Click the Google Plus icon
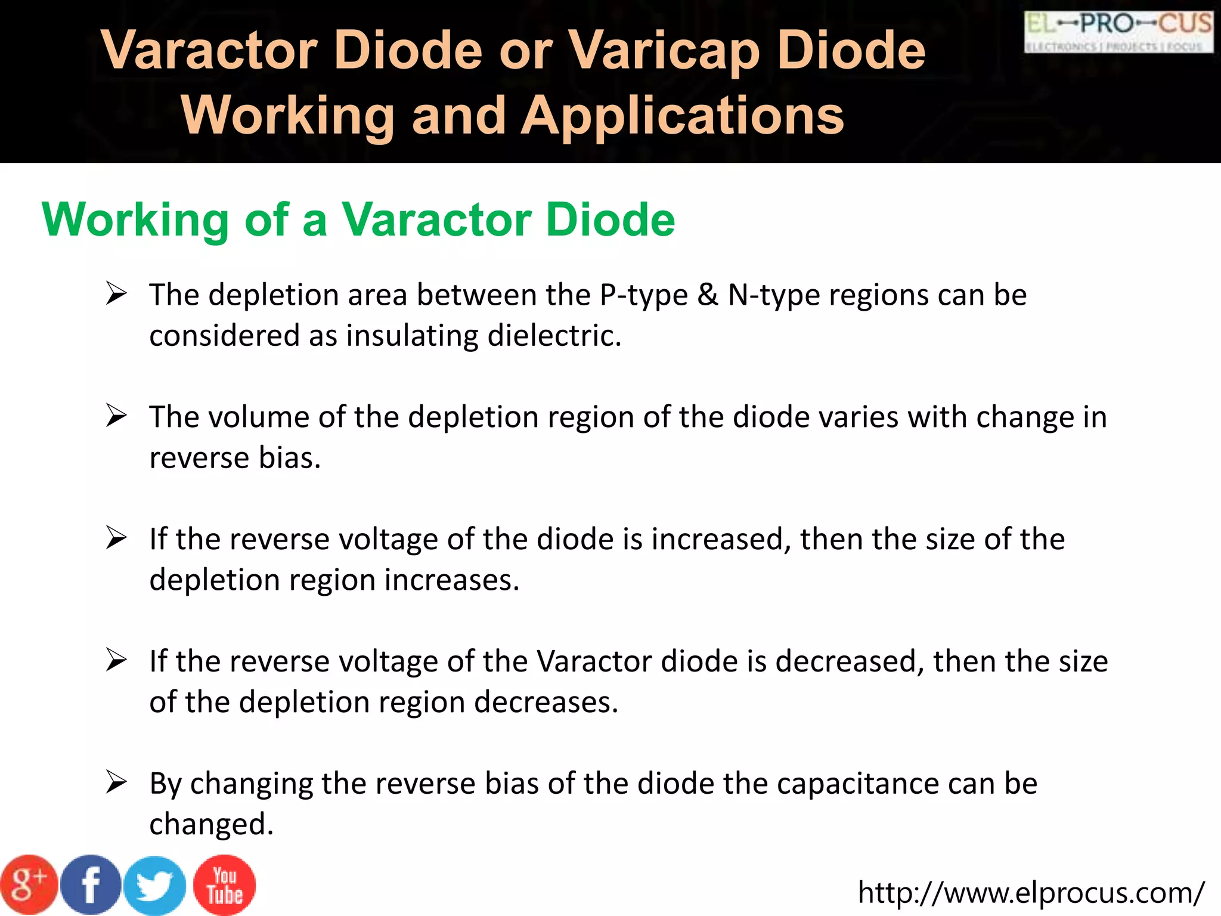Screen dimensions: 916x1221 tap(29, 885)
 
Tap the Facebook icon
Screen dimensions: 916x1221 tap(91, 885)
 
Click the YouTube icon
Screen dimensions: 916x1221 tap(225, 885)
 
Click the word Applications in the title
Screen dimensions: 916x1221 tap(683, 116)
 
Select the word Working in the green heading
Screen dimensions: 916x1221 tap(136, 220)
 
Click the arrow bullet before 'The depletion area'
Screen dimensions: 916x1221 tap(116, 294)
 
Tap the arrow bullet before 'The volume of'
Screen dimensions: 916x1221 tap(116, 416)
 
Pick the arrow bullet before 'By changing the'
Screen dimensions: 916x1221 tap(116, 782)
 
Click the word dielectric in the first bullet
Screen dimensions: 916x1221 tap(554, 336)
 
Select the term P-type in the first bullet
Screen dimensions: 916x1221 tap(643, 295)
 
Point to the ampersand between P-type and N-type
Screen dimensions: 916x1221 tap(708, 295)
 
